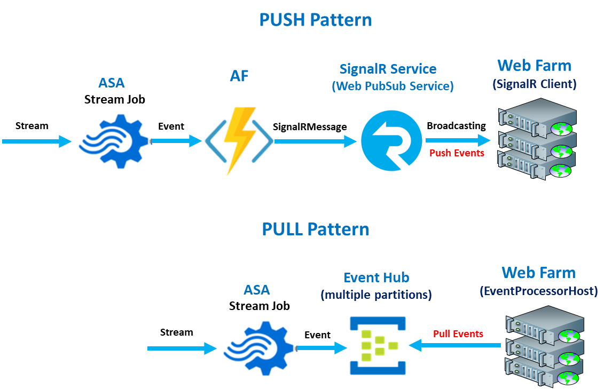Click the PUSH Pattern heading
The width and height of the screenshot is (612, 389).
tap(315, 20)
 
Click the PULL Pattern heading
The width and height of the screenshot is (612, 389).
tap(315, 229)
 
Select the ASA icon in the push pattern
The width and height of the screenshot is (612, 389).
tap(115, 138)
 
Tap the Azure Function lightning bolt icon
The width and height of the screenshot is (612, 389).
tap(241, 142)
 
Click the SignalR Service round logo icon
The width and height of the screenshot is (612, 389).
tap(391, 141)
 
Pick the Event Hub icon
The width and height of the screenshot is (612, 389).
tap(378, 344)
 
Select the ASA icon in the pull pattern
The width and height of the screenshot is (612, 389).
tap(260, 345)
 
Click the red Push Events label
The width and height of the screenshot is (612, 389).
tap(457, 153)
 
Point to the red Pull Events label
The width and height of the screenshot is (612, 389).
tap(458, 334)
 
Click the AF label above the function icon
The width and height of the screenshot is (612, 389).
tap(239, 76)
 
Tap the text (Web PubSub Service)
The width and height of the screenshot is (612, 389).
tap(393, 86)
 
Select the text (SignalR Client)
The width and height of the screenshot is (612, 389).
tap(535, 84)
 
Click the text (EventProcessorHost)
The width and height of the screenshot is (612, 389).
tap(538, 291)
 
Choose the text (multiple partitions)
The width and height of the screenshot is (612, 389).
tap(376, 295)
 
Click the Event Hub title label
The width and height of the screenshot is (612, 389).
tap(376, 278)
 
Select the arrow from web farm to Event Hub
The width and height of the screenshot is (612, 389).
tap(454, 346)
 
